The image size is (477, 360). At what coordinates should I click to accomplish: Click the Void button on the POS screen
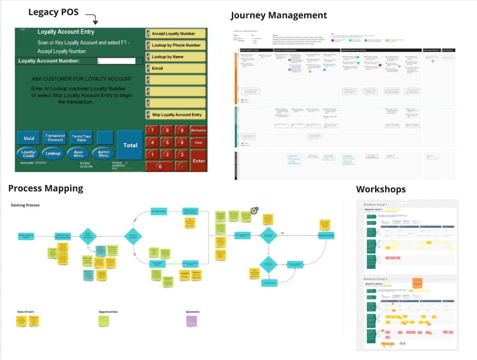pyautogui.click(x=29, y=138)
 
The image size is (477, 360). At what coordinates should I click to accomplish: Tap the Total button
pyautogui.click(x=130, y=145)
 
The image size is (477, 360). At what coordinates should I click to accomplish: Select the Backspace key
pyautogui.click(x=198, y=130)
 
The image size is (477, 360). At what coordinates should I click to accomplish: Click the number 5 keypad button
pyautogui.click(x=167, y=142)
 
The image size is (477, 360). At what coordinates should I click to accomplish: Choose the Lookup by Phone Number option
pyautogui.click(x=176, y=45)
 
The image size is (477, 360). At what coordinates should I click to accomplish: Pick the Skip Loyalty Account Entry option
pyautogui.click(x=177, y=115)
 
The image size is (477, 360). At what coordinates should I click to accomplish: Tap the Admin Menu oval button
pyautogui.click(x=103, y=153)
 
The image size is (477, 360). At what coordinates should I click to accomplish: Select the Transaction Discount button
pyautogui.click(x=55, y=138)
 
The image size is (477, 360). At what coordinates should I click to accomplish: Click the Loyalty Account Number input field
pyautogui.click(x=117, y=61)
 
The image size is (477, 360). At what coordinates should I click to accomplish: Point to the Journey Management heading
pyautogui.click(x=279, y=15)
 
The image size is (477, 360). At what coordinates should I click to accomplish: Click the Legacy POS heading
pyautogui.click(x=53, y=12)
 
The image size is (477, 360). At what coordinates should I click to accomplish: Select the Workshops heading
pyautogui.click(x=381, y=189)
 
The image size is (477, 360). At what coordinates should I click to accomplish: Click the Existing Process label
pyautogui.click(x=25, y=205)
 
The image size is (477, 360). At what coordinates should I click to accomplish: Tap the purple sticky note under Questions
pyautogui.click(x=192, y=321)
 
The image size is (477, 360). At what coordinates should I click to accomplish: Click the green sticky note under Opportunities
pyautogui.click(x=104, y=321)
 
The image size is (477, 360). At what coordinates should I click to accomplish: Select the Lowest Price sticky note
pyautogui.click(x=184, y=275)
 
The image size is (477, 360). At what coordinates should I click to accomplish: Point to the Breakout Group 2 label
pyautogui.click(x=375, y=279)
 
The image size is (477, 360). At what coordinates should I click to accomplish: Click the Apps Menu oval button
pyautogui.click(x=78, y=153)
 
